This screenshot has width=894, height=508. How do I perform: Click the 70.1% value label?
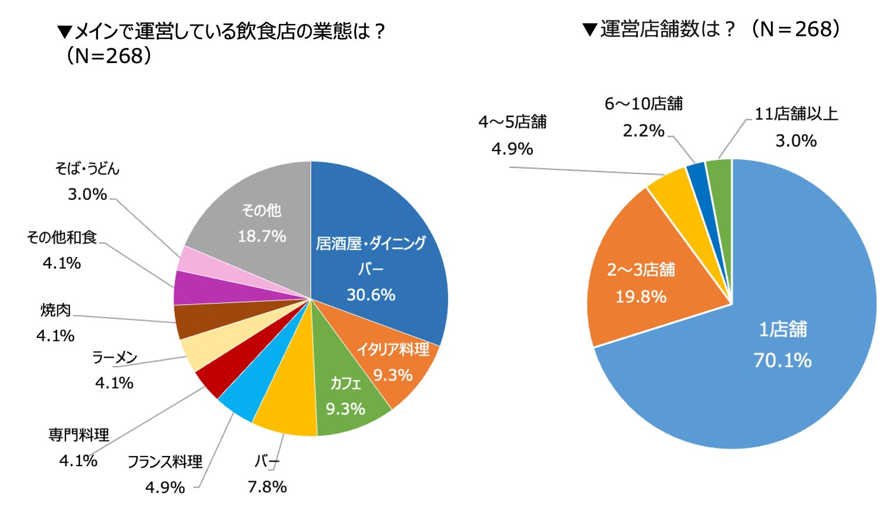782,360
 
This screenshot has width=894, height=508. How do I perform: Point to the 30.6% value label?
371,295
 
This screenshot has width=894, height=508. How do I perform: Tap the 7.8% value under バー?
267,486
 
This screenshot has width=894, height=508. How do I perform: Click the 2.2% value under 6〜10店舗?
643,131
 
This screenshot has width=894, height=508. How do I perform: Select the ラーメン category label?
114,357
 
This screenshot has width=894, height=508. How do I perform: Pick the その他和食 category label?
62,237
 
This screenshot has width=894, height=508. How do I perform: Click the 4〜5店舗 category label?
512,121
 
